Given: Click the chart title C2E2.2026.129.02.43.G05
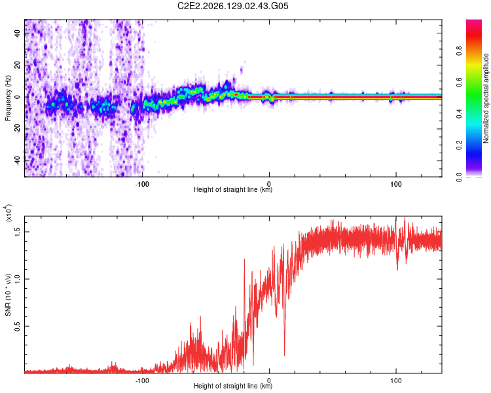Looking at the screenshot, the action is coord(232,6).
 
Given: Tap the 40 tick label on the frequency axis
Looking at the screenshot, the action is coord(18,33).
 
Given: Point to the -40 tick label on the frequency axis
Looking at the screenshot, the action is coord(18,160).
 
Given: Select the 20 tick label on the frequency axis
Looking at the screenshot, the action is coord(18,65).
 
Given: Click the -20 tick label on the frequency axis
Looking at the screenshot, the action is coord(18,129).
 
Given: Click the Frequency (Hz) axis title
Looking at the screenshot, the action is coord(8,98).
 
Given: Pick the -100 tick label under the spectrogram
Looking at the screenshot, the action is coord(142,184).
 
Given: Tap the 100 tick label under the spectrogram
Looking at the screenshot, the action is coord(396,184).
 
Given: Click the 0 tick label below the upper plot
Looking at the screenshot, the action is coord(269,184).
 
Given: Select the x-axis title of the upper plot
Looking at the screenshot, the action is coord(233,189).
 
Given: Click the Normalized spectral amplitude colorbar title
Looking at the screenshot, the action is coord(486,98).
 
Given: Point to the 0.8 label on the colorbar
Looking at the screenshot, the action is coord(459,51).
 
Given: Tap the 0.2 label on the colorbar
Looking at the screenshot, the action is coord(459,145).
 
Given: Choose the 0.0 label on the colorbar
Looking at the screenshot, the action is coord(459,177).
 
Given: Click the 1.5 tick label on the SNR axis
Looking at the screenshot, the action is coord(18,232).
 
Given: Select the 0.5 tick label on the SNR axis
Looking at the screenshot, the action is coord(18,326).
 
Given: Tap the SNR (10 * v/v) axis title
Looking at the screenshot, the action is coord(8,295).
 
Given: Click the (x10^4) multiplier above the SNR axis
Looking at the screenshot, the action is coord(9,213).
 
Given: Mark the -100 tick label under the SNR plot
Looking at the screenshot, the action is coord(142,381).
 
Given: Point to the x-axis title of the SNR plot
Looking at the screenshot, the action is coord(233,386).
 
